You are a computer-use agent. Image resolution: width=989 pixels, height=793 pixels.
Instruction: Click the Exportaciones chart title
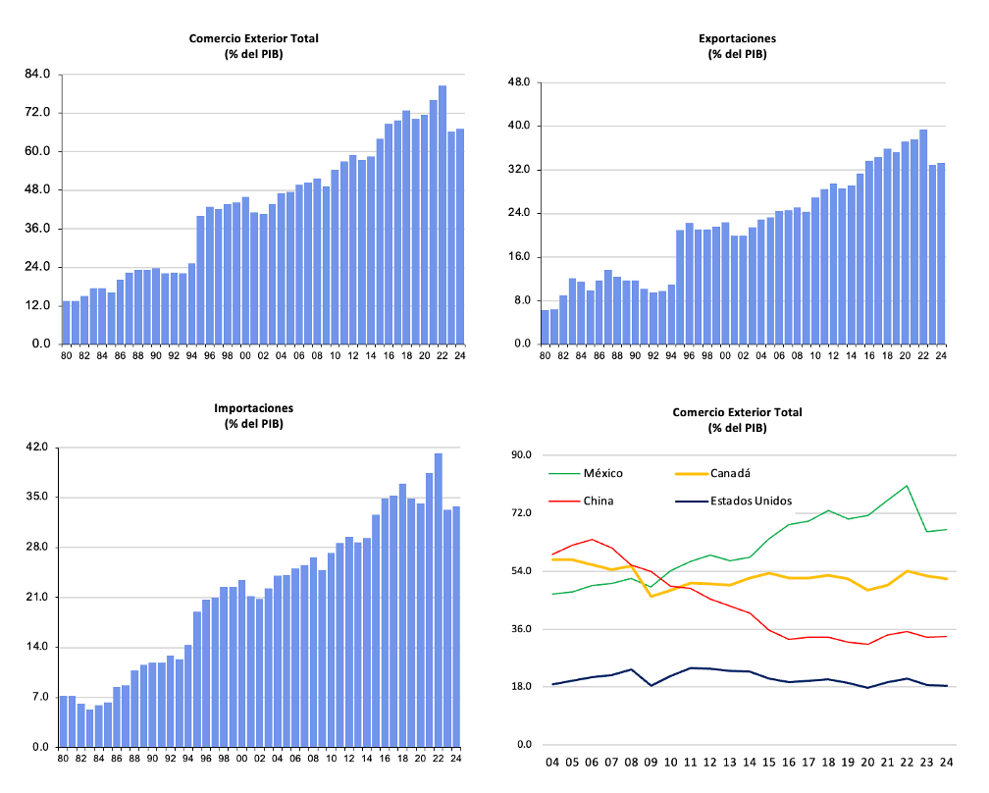737,38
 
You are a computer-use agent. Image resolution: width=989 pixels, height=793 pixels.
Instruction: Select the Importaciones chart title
253,407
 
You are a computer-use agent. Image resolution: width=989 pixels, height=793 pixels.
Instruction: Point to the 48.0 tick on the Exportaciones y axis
518,82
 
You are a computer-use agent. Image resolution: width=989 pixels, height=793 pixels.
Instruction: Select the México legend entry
602,473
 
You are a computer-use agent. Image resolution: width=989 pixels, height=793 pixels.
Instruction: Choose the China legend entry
599,501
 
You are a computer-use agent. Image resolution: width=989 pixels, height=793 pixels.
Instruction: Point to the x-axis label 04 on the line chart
552,762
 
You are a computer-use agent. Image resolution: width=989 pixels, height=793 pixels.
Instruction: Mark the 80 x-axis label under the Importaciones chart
63,757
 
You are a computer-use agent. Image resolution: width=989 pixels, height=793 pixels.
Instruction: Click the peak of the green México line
907,486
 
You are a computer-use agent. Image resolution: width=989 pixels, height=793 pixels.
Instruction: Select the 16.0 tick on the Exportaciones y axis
518,257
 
